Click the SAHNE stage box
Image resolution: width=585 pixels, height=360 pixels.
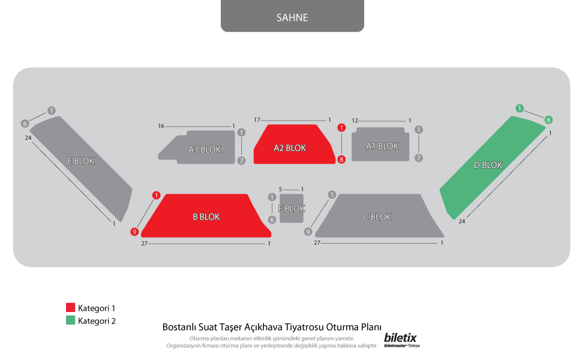(292, 16)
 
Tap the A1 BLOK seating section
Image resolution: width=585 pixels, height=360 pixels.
(380, 145)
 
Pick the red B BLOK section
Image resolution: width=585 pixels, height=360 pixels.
(206, 216)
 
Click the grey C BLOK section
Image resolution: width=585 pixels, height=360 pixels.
(378, 217)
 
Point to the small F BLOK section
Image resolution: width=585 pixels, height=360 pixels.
(292, 208)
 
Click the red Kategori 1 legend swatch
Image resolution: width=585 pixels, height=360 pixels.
(70, 308)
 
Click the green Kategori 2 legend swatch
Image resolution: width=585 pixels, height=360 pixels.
(70, 320)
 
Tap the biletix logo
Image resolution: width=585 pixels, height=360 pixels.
(400, 339)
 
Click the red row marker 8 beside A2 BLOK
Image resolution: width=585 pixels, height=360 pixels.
(341, 160)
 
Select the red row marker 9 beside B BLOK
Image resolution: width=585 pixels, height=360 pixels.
(135, 232)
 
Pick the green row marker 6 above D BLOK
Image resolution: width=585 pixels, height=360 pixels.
(548, 120)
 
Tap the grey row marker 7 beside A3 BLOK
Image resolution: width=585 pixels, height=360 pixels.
(241, 161)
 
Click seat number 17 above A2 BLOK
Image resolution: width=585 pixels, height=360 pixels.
(257, 121)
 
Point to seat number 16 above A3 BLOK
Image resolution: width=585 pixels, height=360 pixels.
(161, 126)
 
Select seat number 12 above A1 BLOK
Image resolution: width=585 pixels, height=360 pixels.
(355, 121)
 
